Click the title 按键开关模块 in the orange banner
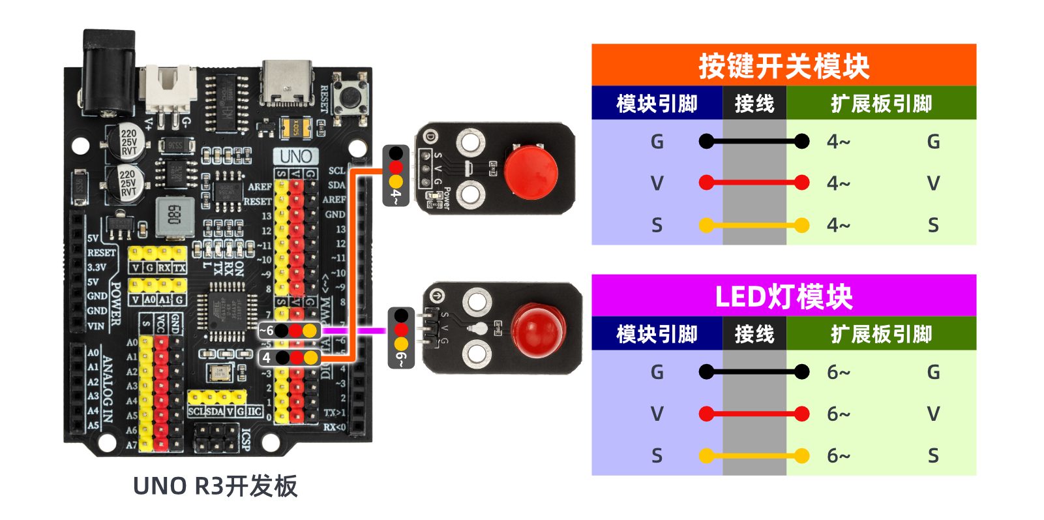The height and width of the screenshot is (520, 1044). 783,66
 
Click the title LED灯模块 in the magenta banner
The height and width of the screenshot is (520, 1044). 783,297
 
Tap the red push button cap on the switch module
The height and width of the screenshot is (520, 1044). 531,172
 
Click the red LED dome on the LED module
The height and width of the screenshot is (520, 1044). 538,330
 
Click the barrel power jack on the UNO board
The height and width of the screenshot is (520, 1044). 108,72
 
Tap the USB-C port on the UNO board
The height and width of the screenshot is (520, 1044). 287,83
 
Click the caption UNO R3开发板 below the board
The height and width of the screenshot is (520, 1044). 215,486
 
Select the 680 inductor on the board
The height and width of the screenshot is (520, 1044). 174,215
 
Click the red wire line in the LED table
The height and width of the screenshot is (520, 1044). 754,414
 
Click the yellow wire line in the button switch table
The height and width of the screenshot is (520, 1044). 754,226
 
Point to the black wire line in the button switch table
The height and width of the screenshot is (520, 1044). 754,141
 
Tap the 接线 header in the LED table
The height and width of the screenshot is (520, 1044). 754,334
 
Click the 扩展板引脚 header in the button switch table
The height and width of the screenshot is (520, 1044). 881,104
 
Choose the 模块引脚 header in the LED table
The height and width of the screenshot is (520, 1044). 657,334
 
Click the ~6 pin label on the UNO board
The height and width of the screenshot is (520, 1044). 266,331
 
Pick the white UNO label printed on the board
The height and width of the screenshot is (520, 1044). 295,157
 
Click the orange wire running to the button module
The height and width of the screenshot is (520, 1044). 352,261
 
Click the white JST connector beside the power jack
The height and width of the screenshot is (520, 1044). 170,88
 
